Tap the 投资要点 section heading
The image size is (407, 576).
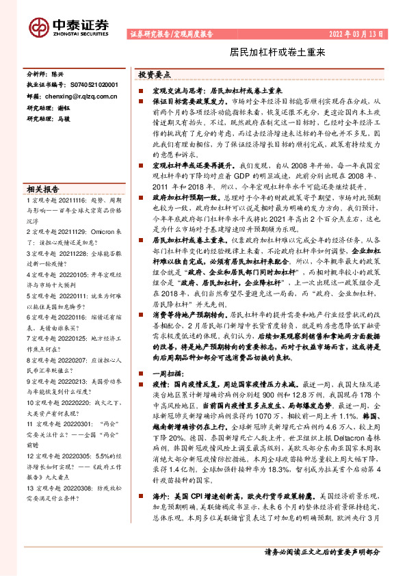click(x=155, y=75)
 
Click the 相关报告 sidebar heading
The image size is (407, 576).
click(x=42, y=189)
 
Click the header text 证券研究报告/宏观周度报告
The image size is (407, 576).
click(x=171, y=33)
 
